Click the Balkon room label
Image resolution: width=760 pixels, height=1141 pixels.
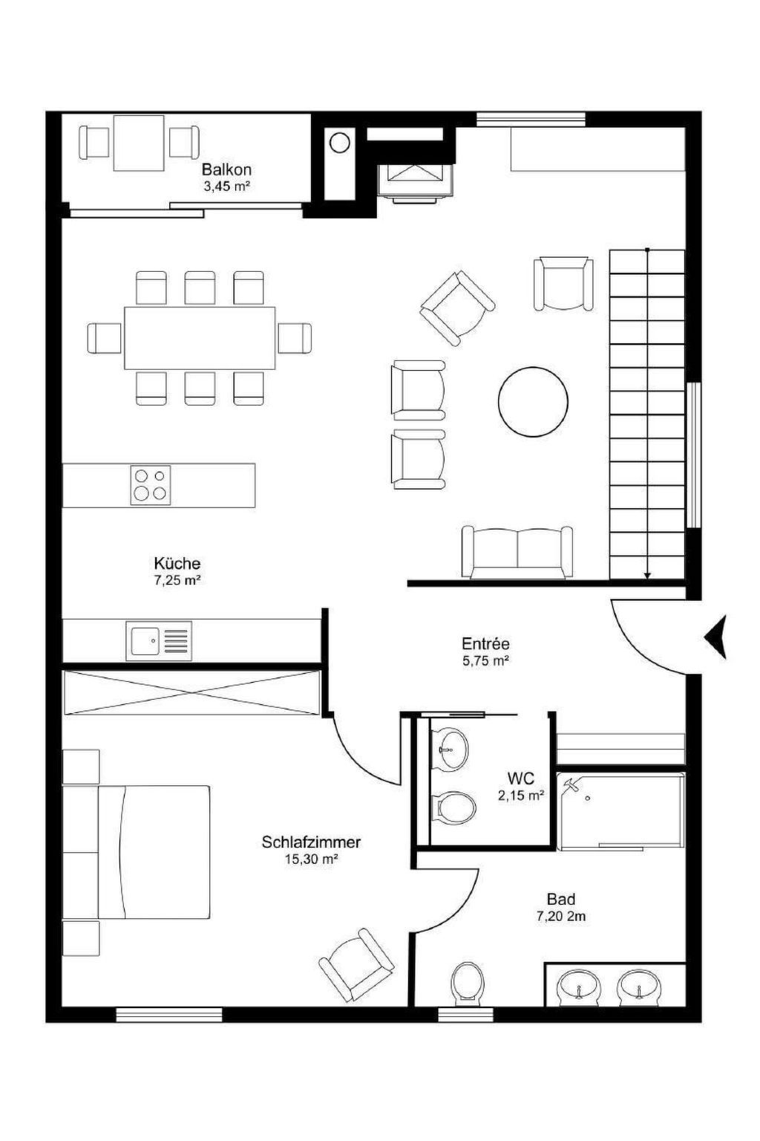226,169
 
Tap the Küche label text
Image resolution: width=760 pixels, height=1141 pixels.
177,563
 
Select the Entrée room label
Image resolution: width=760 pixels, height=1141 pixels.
485,643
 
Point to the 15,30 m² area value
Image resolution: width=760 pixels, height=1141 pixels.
312,859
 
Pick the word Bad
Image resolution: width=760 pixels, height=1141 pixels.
561,899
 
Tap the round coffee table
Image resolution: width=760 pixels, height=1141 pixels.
533,401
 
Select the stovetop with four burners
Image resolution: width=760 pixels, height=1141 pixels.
151,485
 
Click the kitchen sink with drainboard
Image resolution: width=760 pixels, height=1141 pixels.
159,641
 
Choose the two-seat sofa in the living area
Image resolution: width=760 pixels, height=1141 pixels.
517,552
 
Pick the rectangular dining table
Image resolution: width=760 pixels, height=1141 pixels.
200,338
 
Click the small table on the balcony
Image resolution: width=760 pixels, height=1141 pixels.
139,143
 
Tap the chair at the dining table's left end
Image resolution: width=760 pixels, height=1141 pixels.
105,338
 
